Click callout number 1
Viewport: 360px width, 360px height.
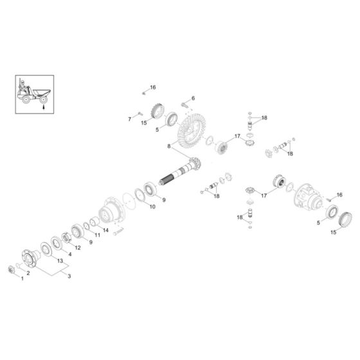coord(21,278)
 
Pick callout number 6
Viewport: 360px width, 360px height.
coord(192,98)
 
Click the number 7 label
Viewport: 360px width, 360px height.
coord(130,118)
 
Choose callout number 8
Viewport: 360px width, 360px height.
coord(169,147)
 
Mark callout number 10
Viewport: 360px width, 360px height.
coord(152,206)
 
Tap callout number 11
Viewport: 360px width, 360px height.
coord(98,236)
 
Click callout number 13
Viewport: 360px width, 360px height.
coord(60,261)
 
